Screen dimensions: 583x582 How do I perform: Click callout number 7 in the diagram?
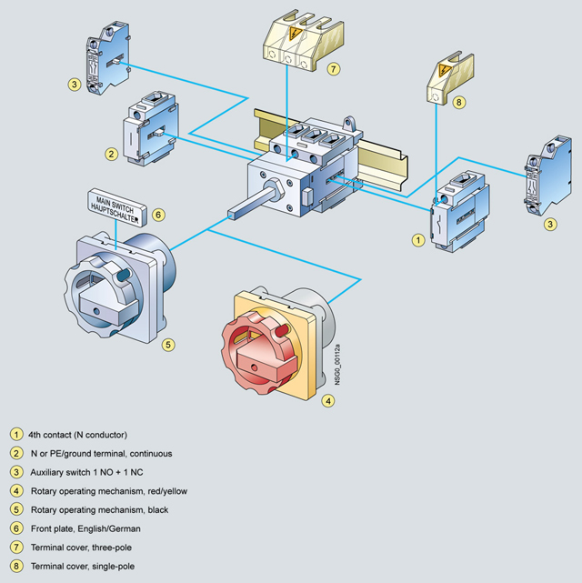(x=334, y=68)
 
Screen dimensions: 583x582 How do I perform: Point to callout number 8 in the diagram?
(x=460, y=103)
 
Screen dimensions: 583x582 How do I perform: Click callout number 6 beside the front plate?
(x=158, y=216)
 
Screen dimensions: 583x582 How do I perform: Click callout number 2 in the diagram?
(x=111, y=154)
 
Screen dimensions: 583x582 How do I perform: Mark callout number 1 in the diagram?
(x=418, y=241)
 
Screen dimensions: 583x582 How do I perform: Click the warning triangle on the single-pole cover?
(x=445, y=70)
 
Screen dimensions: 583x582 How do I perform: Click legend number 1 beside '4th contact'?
(x=16, y=434)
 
